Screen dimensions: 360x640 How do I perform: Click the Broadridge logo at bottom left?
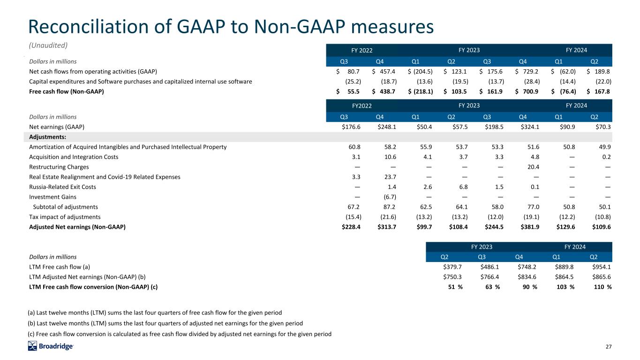(51, 346)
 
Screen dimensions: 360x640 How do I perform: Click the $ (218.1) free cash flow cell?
(421, 92)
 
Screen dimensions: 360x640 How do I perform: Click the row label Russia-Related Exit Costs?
(62, 187)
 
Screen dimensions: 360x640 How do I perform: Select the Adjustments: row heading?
(47, 137)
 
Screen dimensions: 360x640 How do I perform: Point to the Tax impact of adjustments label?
(65, 217)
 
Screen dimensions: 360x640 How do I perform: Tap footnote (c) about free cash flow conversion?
(180, 334)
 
